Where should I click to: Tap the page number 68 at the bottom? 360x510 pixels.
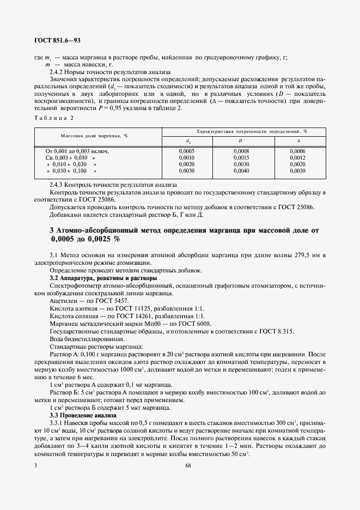[x=188, y=465]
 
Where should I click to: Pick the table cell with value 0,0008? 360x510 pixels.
[x=241, y=150]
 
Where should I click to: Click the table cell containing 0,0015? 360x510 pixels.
[x=241, y=157]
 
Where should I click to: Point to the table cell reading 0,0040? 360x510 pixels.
[x=241, y=171]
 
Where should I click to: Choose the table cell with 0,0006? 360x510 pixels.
[x=297, y=150]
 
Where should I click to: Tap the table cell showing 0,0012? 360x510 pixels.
[x=297, y=157]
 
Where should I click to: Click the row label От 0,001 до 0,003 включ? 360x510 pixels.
[x=77, y=150]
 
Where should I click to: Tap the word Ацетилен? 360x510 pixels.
[x=62, y=301]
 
